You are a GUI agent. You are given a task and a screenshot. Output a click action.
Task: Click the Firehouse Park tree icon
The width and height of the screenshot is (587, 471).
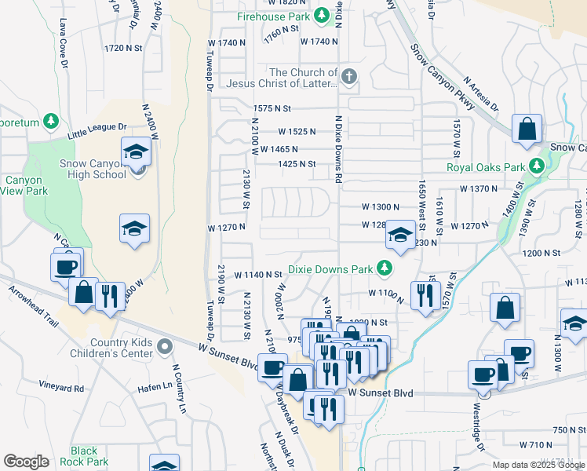(321, 16)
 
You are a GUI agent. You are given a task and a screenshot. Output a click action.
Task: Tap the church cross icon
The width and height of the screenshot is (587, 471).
(350, 76)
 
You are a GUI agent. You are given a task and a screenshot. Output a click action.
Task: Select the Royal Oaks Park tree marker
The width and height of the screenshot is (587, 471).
(537, 166)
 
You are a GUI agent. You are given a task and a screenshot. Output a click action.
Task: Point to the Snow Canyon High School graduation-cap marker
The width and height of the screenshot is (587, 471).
(136, 152)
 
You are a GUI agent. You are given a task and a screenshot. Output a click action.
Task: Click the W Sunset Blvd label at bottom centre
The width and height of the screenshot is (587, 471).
(380, 391)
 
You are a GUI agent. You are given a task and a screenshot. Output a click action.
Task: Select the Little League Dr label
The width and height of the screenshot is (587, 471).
(97, 127)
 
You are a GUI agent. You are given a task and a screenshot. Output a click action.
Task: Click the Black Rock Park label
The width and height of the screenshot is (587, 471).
(84, 456)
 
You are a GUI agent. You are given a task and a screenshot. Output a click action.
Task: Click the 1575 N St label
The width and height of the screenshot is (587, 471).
(272, 108)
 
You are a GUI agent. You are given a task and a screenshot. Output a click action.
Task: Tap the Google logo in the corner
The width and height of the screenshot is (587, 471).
(26, 462)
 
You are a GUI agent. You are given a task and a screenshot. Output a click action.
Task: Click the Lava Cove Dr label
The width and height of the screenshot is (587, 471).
(62, 37)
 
